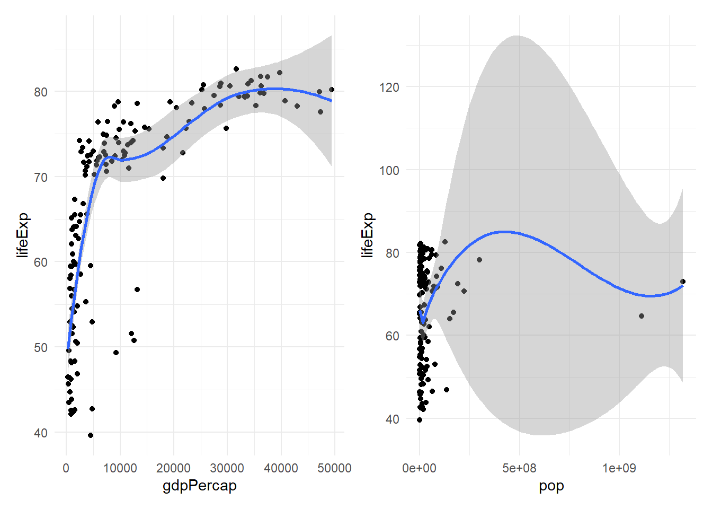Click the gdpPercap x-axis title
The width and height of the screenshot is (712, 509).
pos(200,486)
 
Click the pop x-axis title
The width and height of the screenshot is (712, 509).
pos(551,486)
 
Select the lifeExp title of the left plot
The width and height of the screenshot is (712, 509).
pos(23,235)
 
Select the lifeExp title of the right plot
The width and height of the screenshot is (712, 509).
pos(367,235)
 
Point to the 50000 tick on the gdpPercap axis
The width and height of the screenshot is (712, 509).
pos(334,468)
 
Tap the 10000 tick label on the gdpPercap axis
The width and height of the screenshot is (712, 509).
pos(120,468)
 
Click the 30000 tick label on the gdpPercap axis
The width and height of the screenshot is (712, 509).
pos(227,468)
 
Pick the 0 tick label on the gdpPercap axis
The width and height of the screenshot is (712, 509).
pos(66,468)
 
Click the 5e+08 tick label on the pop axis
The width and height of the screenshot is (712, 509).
pos(519,468)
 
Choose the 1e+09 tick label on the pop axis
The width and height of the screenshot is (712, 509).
pos(619,468)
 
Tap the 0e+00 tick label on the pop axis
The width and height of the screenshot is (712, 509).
pos(419,468)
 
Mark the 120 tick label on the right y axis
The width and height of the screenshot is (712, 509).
pos(389,87)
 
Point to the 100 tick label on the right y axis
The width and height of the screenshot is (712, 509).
pos(389,170)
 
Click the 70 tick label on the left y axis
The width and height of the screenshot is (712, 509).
pos(41,177)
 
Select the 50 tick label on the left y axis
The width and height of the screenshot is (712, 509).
pos(41,348)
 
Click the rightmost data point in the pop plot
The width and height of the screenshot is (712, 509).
pos(683,282)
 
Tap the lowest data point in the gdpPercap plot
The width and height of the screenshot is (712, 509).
pos(91,435)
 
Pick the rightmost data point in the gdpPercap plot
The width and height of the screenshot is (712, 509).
pos(332,90)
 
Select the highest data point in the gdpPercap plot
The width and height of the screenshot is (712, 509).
pos(236,69)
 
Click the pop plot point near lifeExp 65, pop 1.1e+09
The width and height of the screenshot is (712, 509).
pos(642,316)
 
